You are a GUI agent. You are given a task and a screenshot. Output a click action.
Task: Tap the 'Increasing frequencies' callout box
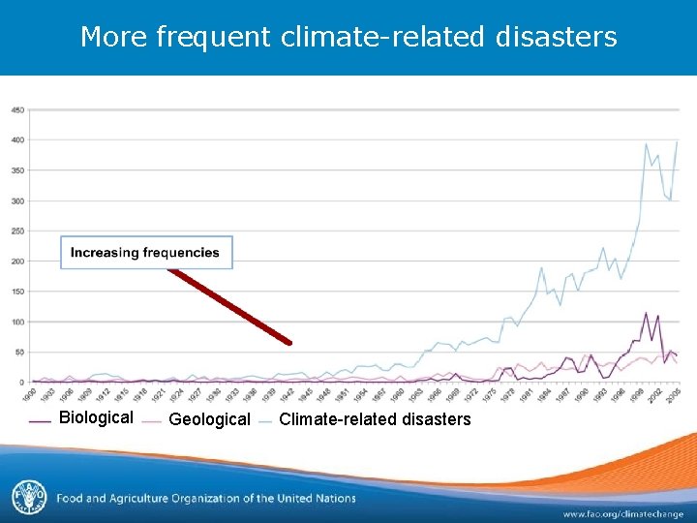click(146, 253)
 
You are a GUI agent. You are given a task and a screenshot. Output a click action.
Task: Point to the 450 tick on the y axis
click(18, 109)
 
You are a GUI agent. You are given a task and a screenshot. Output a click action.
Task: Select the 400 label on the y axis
click(18, 139)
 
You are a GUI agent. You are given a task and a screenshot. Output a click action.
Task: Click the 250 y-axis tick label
click(18, 231)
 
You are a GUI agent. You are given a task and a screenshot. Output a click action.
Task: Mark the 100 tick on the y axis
click(18, 322)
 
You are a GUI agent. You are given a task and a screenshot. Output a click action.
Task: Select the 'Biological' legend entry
click(96, 418)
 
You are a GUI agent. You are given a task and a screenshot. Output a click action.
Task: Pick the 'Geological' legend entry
click(209, 419)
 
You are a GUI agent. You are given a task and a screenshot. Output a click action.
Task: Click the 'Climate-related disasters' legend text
click(375, 419)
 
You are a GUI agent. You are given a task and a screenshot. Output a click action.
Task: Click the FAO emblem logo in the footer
click(28, 498)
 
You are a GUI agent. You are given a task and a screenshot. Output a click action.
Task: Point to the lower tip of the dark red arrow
click(288, 342)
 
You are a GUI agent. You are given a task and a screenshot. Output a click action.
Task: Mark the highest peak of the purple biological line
click(646, 313)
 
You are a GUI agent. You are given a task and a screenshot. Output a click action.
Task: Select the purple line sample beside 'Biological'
click(41, 420)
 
